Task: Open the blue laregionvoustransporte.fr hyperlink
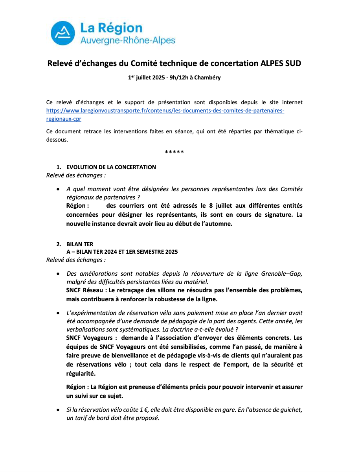click(x=165, y=111)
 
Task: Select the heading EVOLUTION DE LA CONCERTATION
click(x=111, y=167)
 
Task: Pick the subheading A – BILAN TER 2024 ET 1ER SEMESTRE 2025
click(x=122, y=252)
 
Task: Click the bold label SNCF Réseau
click(x=84, y=290)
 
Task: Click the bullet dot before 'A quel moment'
click(x=59, y=189)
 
